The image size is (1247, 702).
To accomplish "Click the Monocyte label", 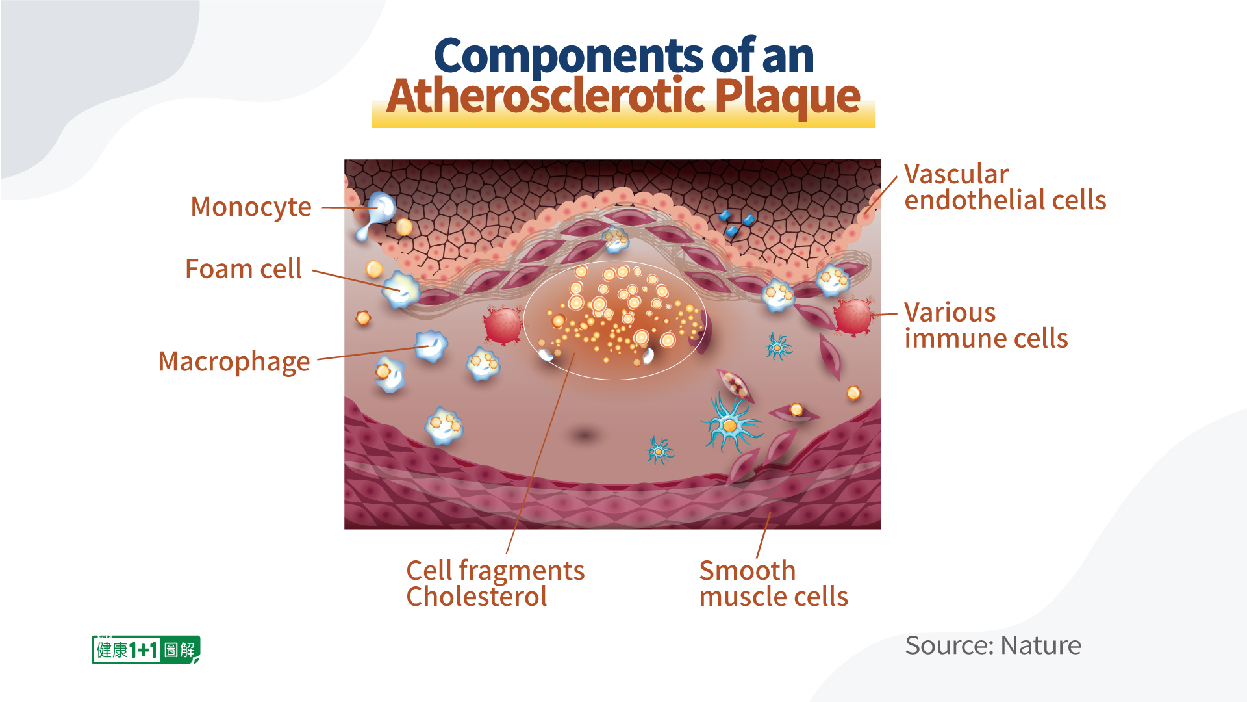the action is coord(251,207).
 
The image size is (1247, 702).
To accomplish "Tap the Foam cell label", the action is coord(244,268).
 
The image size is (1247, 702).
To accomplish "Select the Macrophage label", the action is coord(234,362).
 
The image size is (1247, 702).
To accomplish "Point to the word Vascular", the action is coord(956,174).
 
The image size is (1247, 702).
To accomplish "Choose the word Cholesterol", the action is coord(477,597).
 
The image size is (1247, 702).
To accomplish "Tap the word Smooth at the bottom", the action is coord(748,571).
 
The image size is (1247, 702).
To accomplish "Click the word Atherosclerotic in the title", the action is coord(546,96).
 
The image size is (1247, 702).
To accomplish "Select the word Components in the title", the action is coord(568,57).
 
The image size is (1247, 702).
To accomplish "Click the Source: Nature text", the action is coord(993,645).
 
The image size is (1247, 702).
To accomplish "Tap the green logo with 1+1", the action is coord(146,649).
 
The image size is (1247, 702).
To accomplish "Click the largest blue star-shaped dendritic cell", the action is coord(731,424).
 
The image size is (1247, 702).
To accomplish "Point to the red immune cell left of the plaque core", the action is coord(503,324).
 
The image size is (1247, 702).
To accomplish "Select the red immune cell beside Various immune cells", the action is coord(853,316).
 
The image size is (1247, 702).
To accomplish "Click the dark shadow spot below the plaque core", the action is coord(585,435).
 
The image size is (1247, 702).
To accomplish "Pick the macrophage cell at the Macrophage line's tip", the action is coord(431,345).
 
